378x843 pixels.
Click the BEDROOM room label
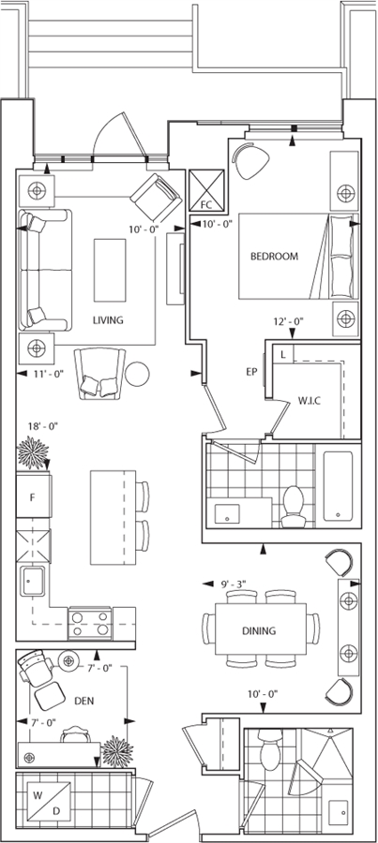tap(274, 257)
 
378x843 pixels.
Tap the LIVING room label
tap(108, 320)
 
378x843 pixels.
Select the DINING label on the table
tap(259, 630)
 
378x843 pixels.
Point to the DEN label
tap(84, 701)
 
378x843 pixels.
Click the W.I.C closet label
tap(310, 401)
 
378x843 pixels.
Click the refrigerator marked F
tap(34, 495)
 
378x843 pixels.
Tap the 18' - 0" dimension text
tap(43, 426)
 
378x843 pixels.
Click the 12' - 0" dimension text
tap(289, 322)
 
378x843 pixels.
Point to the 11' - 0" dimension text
tap(49, 374)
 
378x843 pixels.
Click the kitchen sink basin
tap(34, 581)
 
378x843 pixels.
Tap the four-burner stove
tap(90, 623)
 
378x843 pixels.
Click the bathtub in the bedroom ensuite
tap(339, 486)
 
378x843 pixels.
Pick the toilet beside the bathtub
tap(294, 506)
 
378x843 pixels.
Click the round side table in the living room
tap(137, 373)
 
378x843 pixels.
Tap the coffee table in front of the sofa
tap(110, 271)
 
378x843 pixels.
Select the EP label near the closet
tap(251, 372)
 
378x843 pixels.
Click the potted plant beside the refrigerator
tap(34, 453)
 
